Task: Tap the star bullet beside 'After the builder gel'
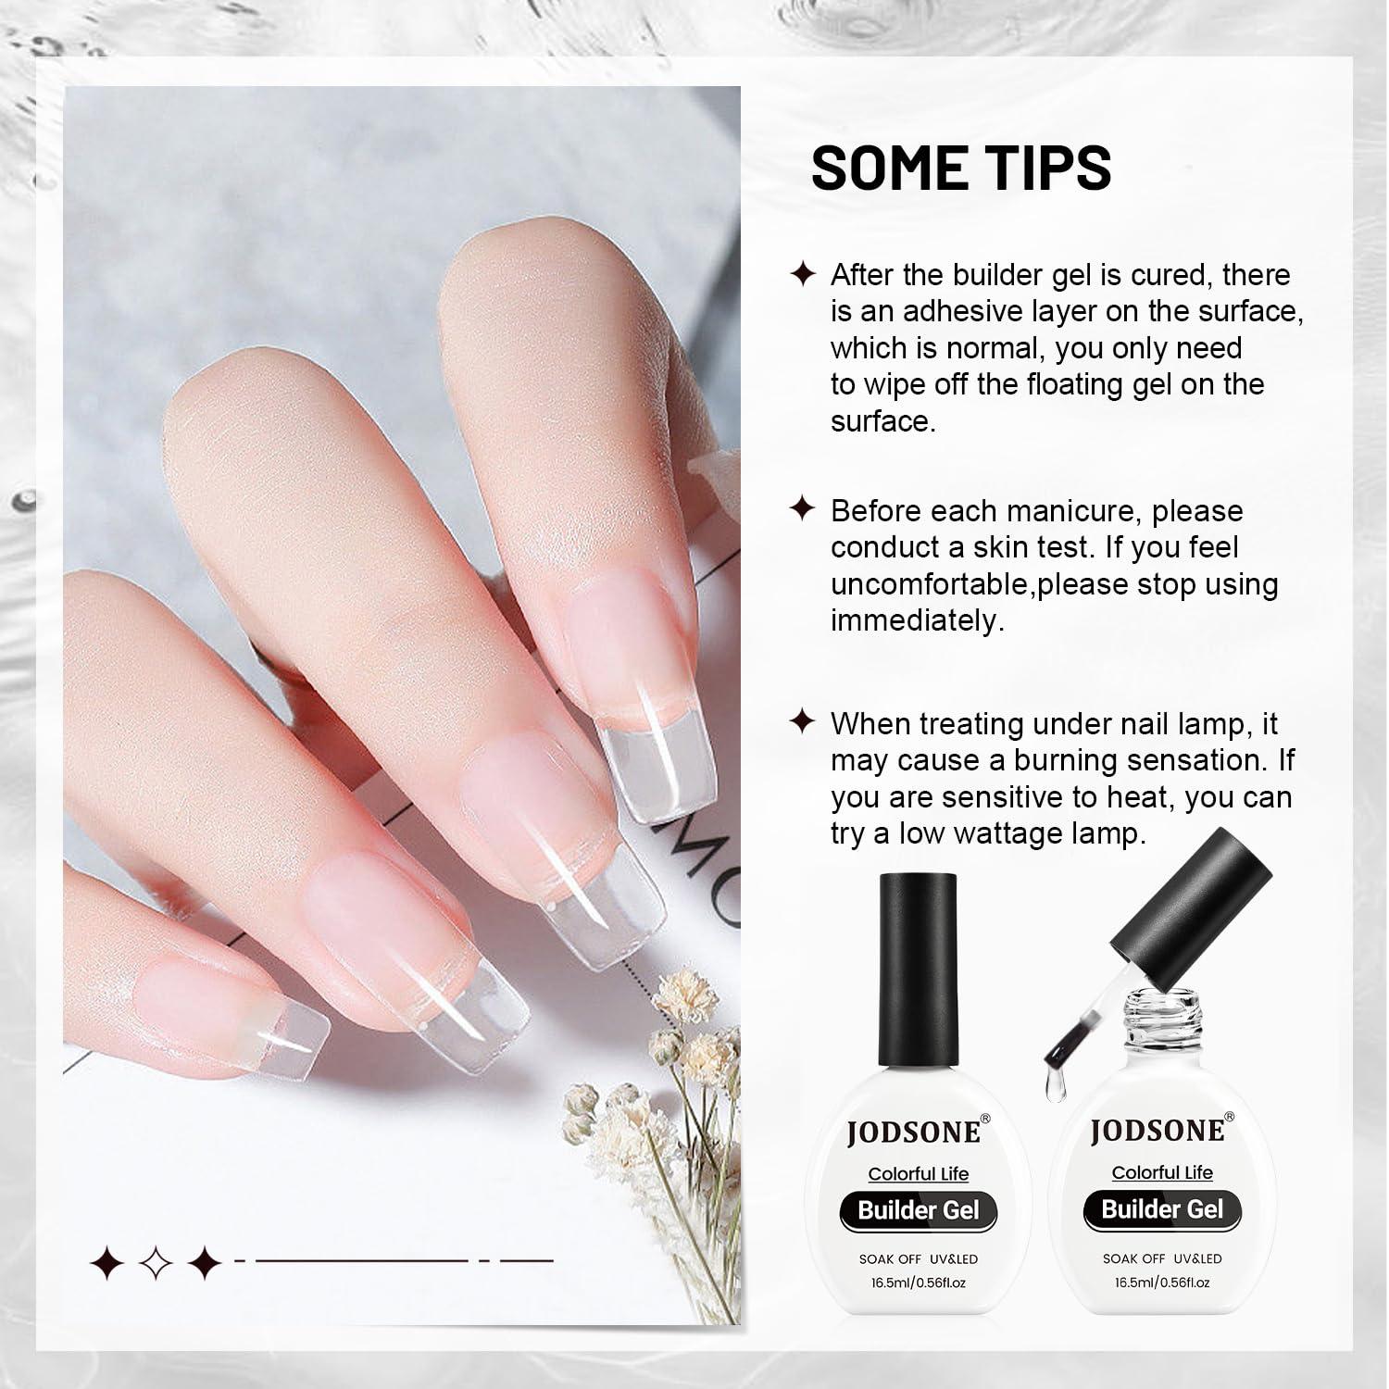(x=802, y=274)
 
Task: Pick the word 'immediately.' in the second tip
(x=918, y=621)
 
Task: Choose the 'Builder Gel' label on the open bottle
(x=1162, y=1209)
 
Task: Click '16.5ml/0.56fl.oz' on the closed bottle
(x=919, y=1283)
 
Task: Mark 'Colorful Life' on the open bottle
(x=1162, y=1172)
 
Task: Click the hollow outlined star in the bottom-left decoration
(x=155, y=1261)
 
